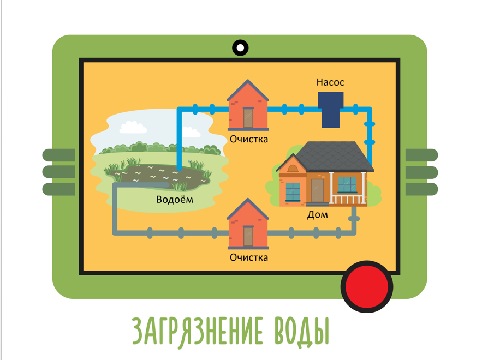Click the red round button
coord(367,286)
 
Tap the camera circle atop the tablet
coord(240,47)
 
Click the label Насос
coord(330,82)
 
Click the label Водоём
coord(175,199)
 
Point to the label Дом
coord(318,214)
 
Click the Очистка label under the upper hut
coord(249,139)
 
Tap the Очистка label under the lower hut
coord(249,257)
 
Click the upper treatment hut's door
coord(249,117)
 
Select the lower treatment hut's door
coord(249,236)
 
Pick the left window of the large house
coord(293,191)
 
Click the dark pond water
coord(158,175)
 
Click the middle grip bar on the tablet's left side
coord(58,172)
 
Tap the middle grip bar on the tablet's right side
coord(421,172)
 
